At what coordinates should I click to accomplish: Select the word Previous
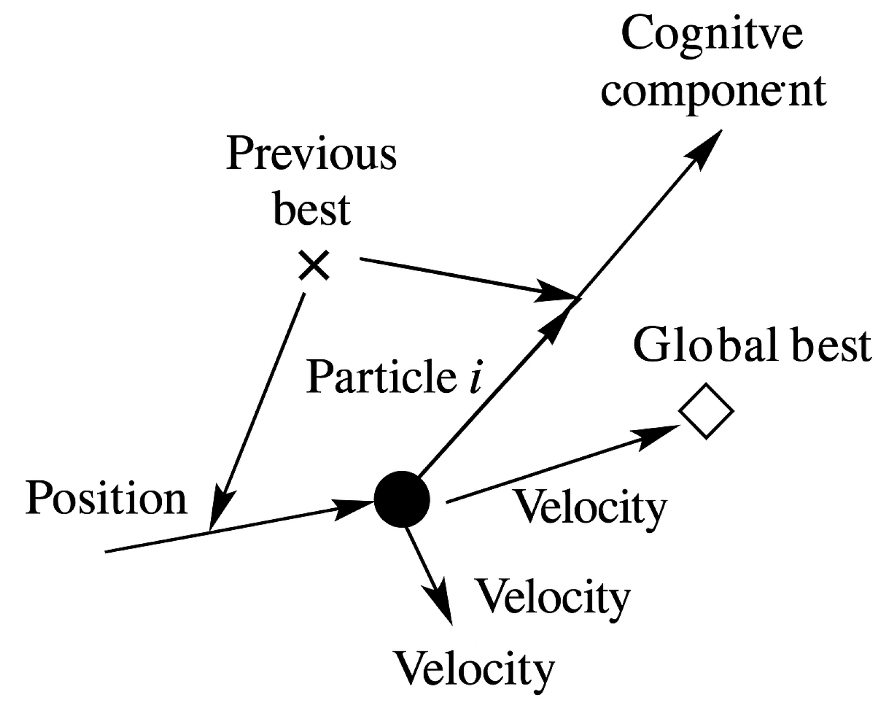pos(311,154)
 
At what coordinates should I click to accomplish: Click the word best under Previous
pos(312,210)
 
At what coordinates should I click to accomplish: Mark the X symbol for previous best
pos(313,265)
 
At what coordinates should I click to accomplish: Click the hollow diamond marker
pos(706,412)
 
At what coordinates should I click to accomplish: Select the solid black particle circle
pos(402,499)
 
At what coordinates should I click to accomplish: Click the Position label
pos(106,498)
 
